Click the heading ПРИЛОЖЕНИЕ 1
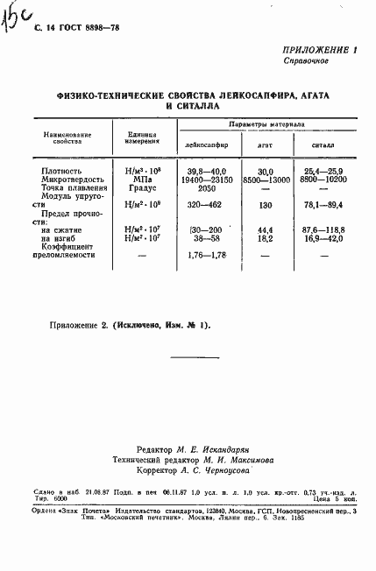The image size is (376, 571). (321, 52)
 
